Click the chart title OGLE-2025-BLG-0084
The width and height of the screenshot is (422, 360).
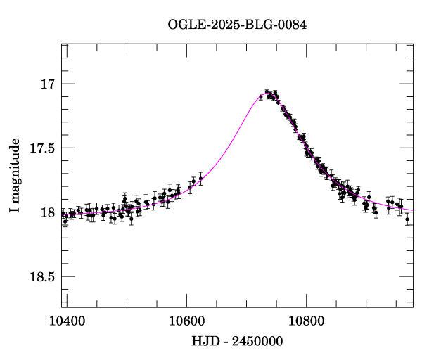(237, 25)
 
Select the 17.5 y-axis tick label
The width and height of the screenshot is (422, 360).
(41, 148)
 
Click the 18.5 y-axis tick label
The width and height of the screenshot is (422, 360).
(41, 276)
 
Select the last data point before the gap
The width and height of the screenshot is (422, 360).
(200, 179)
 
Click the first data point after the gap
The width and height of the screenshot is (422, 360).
(261, 96)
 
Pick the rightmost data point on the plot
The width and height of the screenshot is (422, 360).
(407, 219)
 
